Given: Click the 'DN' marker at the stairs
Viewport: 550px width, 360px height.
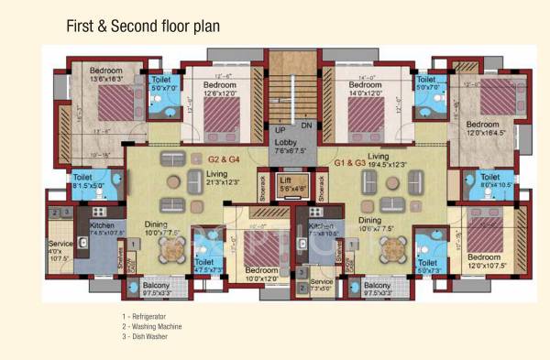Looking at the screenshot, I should click(x=307, y=125).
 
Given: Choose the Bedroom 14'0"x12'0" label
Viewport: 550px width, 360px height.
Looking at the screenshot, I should click(x=366, y=88).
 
